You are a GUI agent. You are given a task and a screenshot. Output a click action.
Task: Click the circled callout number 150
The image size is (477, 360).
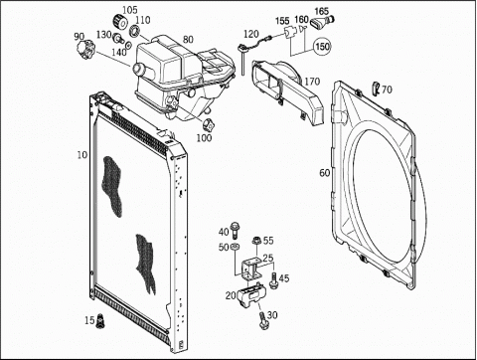[x=322, y=47]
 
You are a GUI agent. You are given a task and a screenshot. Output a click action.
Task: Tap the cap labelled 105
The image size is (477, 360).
[x=121, y=22]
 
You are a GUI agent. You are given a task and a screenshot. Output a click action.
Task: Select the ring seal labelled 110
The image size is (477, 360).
[x=134, y=31]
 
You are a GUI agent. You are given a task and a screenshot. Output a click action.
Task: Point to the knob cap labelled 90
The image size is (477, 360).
[x=85, y=50]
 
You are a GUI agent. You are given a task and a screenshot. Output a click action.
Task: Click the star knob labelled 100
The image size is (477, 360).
[x=209, y=124]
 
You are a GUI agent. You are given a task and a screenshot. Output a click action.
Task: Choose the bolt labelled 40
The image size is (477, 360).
[x=235, y=230]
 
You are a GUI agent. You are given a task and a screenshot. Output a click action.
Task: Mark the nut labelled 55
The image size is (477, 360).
[x=256, y=241]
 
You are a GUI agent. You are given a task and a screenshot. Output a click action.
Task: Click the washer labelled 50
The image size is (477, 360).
[x=235, y=247]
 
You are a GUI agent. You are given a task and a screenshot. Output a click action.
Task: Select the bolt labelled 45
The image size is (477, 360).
[x=274, y=280]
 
